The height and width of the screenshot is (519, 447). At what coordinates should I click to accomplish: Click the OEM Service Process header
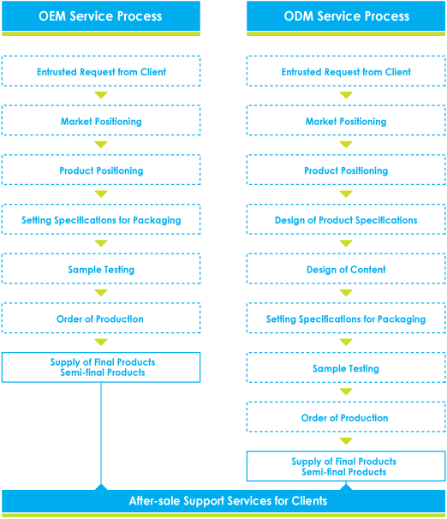tap(101, 16)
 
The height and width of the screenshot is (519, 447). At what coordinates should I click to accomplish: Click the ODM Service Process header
tap(346, 16)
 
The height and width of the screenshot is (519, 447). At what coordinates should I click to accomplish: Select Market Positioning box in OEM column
tap(101, 121)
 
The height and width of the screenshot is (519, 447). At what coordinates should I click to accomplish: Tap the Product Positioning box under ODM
tap(346, 170)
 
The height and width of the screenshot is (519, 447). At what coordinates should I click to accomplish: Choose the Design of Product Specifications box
tap(346, 219)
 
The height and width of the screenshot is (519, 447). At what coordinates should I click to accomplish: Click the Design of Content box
tap(346, 269)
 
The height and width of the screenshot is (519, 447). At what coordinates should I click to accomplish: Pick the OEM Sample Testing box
tap(101, 269)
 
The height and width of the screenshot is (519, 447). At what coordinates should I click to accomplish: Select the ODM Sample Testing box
tap(346, 367)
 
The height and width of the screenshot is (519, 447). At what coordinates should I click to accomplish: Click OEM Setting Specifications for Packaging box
tap(101, 219)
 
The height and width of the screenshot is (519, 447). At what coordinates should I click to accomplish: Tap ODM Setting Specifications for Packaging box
tap(346, 318)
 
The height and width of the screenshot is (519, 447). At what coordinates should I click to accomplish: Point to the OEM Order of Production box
tap(101, 318)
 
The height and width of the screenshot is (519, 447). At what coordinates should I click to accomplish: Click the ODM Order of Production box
tap(346, 417)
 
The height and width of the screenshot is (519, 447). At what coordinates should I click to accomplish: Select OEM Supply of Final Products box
tap(101, 367)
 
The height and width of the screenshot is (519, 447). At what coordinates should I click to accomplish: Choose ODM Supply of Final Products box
tap(346, 467)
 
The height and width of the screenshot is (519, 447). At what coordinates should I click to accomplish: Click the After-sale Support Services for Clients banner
tap(223, 501)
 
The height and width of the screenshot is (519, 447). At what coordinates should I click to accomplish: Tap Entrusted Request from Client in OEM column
tap(101, 71)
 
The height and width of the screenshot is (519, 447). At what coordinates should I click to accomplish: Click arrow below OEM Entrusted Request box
tap(101, 95)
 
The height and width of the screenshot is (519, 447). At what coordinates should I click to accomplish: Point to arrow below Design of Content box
tap(346, 293)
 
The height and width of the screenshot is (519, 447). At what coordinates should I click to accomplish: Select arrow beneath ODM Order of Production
tap(346, 441)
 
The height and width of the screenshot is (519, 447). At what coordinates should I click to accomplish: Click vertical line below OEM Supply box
tap(101, 433)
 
